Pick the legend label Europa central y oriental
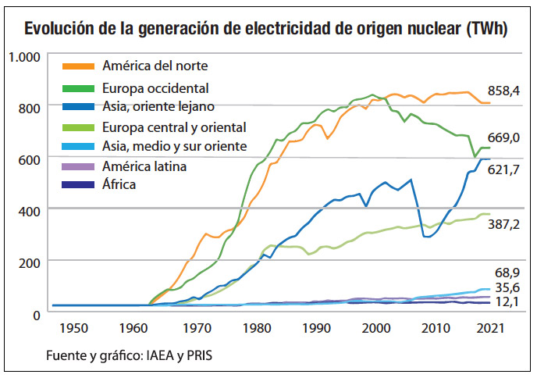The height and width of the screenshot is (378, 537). (x=174, y=127)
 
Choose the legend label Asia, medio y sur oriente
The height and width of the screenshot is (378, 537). (x=174, y=145)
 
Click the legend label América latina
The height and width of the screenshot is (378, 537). (x=144, y=166)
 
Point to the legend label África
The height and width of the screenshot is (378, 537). (x=119, y=184)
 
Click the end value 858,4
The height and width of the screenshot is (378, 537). (x=503, y=91)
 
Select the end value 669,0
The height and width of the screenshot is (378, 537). (x=503, y=138)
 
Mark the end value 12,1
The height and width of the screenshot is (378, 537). (x=508, y=301)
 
